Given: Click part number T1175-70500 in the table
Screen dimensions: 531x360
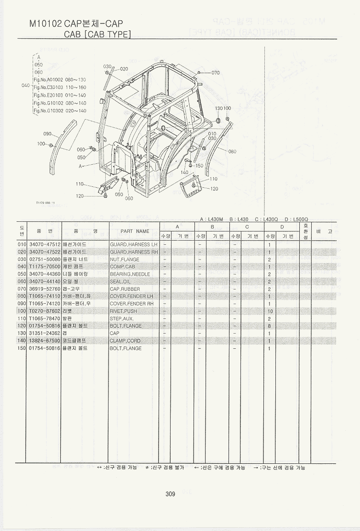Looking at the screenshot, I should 45,267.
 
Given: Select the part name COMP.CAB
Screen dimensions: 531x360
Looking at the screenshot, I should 122,267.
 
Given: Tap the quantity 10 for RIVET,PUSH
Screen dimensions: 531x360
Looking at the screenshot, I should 270,311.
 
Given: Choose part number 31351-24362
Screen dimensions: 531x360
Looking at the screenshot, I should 45,333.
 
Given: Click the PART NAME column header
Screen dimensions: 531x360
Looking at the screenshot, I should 135,231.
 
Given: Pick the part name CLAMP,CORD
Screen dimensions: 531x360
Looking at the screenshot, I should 125,341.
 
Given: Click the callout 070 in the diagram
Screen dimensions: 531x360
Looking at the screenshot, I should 216,73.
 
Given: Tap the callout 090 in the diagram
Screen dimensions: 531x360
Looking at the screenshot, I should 48,134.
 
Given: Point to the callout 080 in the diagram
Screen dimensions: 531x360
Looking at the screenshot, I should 232,151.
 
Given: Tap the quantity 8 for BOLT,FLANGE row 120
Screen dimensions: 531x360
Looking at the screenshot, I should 269,326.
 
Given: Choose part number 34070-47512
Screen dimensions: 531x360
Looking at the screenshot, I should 45,244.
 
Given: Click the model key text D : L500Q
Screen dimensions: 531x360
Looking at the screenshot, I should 296,219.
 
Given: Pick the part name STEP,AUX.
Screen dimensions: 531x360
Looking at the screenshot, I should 122,318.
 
